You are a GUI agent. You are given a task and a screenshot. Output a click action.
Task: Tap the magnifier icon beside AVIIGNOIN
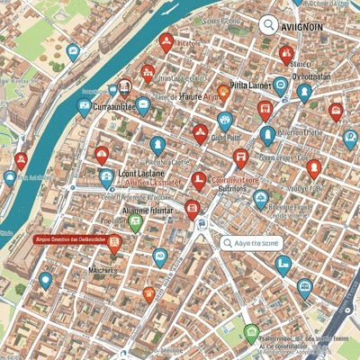tap(267, 26)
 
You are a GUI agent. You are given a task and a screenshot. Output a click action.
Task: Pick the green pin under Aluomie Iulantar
tap(136, 222)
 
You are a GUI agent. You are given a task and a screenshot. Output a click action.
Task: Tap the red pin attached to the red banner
tap(114, 241)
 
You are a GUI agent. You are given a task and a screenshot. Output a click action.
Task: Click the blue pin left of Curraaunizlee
tap(85, 108)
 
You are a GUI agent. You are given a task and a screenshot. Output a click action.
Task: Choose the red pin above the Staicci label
tap(287, 55)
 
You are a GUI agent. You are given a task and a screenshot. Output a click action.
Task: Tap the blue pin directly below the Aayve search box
tap(283, 263)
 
